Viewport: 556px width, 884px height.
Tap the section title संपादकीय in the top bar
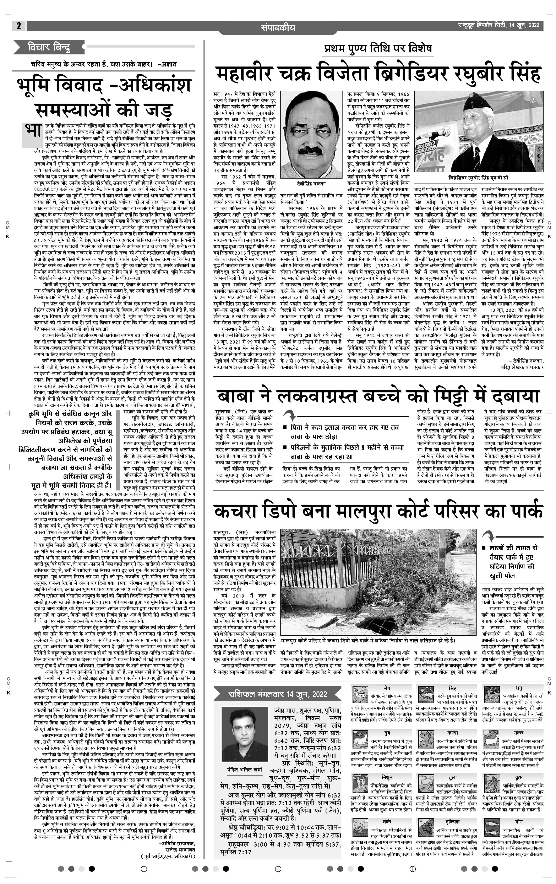(x=278, y=27)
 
